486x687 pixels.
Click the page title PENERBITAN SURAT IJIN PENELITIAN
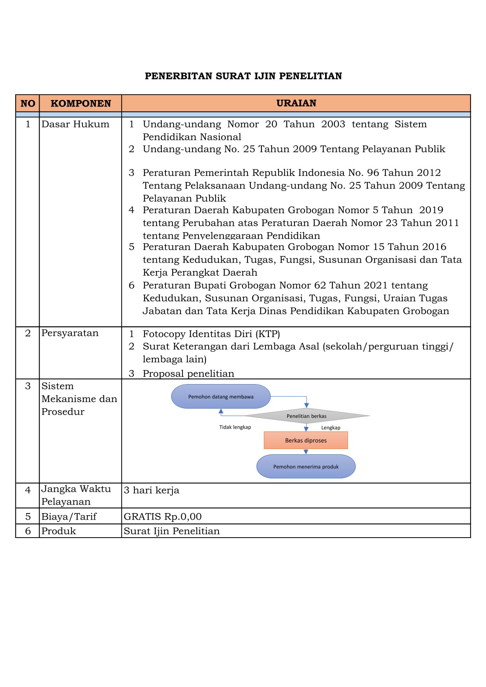(x=243, y=76)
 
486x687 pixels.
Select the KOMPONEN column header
(x=80, y=103)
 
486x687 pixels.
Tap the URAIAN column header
(x=296, y=103)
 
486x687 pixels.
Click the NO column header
(x=28, y=103)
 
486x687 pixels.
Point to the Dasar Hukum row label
(x=75, y=124)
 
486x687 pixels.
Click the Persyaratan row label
(x=70, y=333)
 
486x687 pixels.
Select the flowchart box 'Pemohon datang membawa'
(x=221, y=396)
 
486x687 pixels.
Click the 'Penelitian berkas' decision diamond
(x=306, y=416)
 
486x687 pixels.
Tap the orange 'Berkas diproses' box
(x=305, y=440)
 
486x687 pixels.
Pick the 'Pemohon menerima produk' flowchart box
(x=306, y=467)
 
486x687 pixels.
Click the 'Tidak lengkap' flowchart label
(x=235, y=427)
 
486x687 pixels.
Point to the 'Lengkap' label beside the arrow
(x=330, y=427)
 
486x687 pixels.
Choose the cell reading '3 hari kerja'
(x=152, y=490)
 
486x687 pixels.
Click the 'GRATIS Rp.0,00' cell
(x=163, y=516)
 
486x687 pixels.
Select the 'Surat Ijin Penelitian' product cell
(x=172, y=531)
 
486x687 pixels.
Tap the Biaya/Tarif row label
(x=69, y=516)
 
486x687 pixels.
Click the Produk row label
(x=58, y=531)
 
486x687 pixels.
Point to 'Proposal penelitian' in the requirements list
(x=188, y=374)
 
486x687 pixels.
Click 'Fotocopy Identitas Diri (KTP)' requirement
(x=211, y=334)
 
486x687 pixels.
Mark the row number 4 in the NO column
(x=28, y=490)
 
